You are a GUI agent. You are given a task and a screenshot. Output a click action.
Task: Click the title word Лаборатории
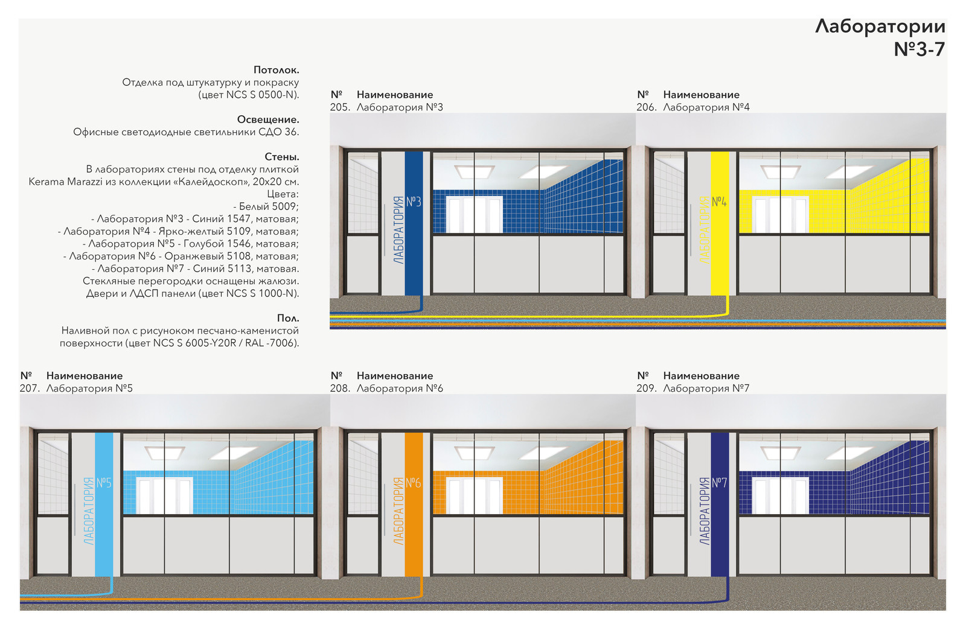(880, 27)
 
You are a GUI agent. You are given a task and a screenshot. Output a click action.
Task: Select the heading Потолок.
(276, 70)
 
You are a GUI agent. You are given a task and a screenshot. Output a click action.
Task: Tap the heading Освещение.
(268, 119)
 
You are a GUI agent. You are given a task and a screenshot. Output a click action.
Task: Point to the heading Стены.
(281, 156)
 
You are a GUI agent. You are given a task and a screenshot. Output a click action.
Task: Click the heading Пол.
(287, 318)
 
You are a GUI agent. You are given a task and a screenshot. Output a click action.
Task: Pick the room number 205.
(340, 107)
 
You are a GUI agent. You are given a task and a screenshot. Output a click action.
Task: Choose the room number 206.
(647, 107)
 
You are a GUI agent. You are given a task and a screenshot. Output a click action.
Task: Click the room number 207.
(30, 388)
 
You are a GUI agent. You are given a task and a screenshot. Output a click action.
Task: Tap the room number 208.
(340, 388)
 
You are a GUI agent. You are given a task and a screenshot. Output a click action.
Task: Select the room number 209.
(647, 388)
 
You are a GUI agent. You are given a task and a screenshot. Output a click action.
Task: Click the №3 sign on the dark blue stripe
(414, 202)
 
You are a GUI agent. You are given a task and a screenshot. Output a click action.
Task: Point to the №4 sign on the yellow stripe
(719, 202)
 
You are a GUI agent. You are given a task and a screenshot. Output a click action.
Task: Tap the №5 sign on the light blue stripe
(103, 483)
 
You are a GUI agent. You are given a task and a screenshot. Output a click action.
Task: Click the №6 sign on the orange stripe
(413, 483)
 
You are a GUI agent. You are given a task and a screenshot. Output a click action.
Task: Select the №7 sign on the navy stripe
(719, 483)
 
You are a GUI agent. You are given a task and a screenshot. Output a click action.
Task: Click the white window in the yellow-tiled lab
(780, 214)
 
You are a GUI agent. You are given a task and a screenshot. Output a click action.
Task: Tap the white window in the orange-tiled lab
(474, 495)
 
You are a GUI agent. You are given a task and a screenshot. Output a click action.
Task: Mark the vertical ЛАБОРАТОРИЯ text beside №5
(88, 511)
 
